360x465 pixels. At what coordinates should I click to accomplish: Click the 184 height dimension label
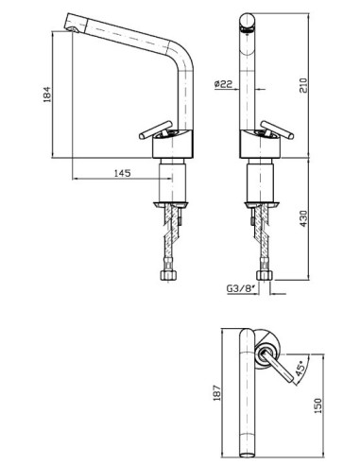(x=46, y=94)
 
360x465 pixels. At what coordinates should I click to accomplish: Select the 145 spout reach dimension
(x=122, y=173)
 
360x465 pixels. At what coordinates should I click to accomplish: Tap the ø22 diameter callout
(x=223, y=84)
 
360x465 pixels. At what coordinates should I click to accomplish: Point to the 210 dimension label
(x=303, y=84)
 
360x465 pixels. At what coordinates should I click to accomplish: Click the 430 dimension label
(x=303, y=218)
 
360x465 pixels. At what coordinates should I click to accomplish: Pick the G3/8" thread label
(x=241, y=288)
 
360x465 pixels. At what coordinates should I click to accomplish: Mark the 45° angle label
(x=300, y=369)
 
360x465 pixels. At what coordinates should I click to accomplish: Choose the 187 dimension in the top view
(x=217, y=392)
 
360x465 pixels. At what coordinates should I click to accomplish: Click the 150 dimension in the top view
(x=318, y=405)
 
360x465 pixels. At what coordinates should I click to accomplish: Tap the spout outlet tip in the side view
(x=73, y=29)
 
